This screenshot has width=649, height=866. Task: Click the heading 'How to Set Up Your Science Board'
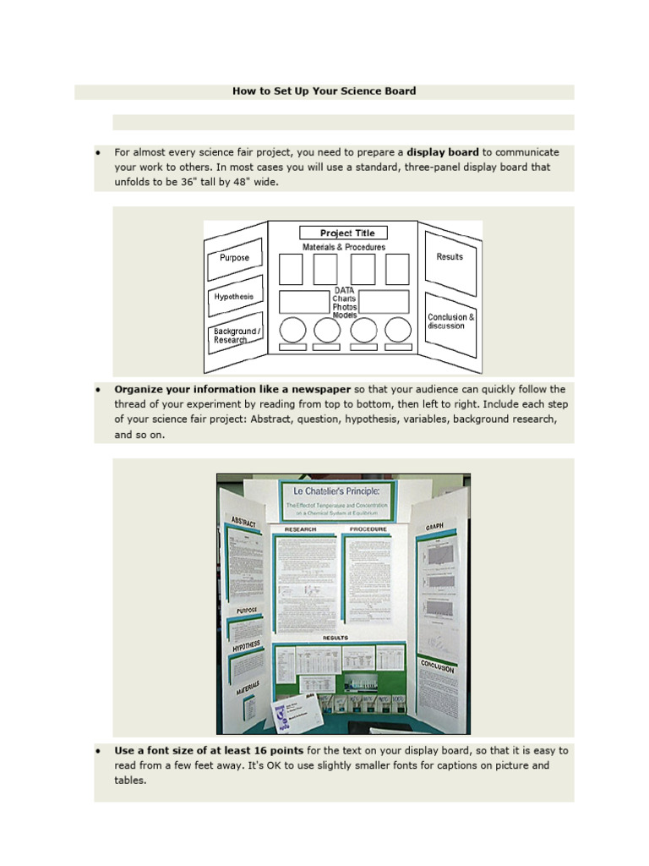(x=324, y=91)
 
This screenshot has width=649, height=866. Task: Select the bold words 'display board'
(x=443, y=152)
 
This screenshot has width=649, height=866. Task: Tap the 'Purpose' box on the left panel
(x=234, y=258)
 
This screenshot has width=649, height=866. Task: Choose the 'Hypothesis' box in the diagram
(x=234, y=297)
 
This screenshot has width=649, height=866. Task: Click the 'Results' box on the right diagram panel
(x=450, y=257)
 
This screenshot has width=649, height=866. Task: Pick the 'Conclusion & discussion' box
(x=450, y=321)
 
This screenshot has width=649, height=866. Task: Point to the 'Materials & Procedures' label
(x=344, y=247)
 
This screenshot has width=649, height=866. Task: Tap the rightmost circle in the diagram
(x=397, y=329)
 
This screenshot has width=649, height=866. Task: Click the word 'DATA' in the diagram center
(x=344, y=290)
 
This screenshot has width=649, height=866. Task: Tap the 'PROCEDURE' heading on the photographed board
(x=368, y=529)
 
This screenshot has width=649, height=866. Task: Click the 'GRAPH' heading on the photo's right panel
(x=435, y=526)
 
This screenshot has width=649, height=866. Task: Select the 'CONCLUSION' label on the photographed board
(x=437, y=666)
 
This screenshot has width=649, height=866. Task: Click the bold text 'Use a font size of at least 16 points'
(x=209, y=750)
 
